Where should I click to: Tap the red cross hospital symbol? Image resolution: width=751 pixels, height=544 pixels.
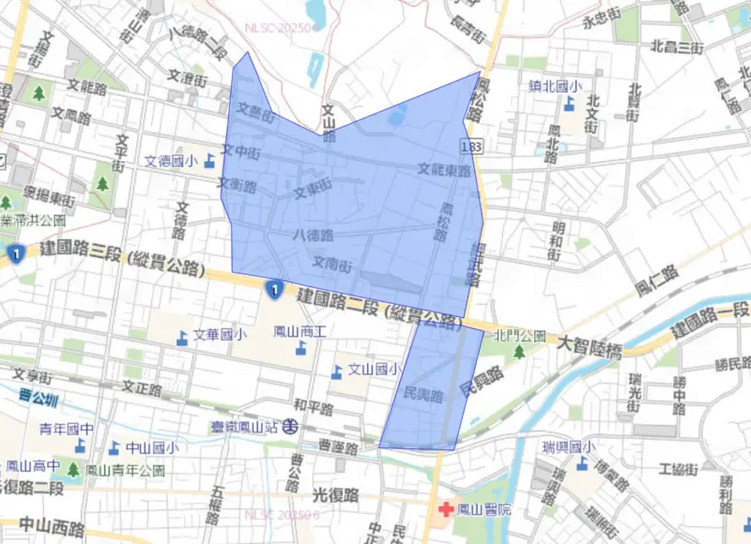[445, 509]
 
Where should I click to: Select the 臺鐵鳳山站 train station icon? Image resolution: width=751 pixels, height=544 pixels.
[293, 426]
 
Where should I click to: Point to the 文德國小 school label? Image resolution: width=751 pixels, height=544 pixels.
[171, 161]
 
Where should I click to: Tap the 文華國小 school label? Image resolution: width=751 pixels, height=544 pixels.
[220, 335]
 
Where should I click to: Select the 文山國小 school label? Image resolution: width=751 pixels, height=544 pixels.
[375, 370]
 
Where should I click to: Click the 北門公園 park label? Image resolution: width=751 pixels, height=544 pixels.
[520, 335]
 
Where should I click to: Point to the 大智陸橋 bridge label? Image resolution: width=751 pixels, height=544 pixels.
[589, 349]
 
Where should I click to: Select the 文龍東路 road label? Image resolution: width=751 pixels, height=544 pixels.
[445, 171]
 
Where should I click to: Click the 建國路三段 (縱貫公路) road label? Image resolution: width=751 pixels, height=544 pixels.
[122, 259]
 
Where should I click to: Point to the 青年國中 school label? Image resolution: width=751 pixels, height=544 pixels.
[67, 430]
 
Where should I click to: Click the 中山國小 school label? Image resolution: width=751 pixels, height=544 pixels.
[152, 448]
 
